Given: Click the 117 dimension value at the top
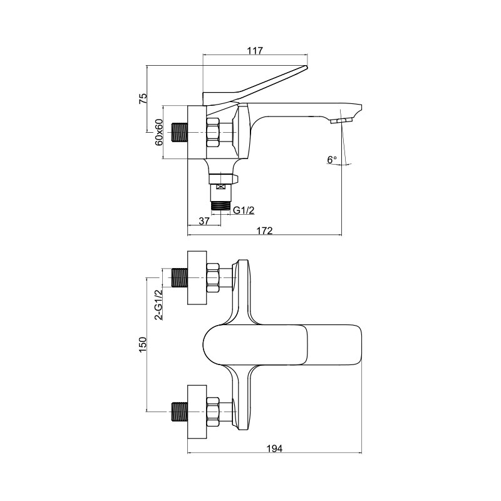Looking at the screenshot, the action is [x=255, y=51].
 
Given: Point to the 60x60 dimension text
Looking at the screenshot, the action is [x=159, y=132].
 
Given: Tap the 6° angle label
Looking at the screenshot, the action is [x=332, y=160].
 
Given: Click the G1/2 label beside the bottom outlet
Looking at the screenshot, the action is [x=244, y=210].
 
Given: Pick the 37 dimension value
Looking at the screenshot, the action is [x=204, y=221].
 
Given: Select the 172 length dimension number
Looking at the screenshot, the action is [x=264, y=230].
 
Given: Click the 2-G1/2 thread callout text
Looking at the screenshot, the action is [x=158, y=304].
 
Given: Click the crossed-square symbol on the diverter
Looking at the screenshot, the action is [x=220, y=187].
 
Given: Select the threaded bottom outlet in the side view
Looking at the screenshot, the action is [x=220, y=205].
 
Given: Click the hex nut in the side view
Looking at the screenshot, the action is [x=213, y=132].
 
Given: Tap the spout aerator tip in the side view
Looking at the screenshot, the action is [x=341, y=121].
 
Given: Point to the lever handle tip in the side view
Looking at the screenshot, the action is [x=306, y=67].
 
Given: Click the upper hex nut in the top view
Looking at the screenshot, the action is [x=213, y=277].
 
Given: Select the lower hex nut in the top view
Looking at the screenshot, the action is [x=213, y=411].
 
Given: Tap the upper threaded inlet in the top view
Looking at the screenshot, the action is [x=180, y=277].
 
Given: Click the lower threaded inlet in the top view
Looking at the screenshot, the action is [x=180, y=411].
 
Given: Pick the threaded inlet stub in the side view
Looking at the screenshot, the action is [x=180, y=132].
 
